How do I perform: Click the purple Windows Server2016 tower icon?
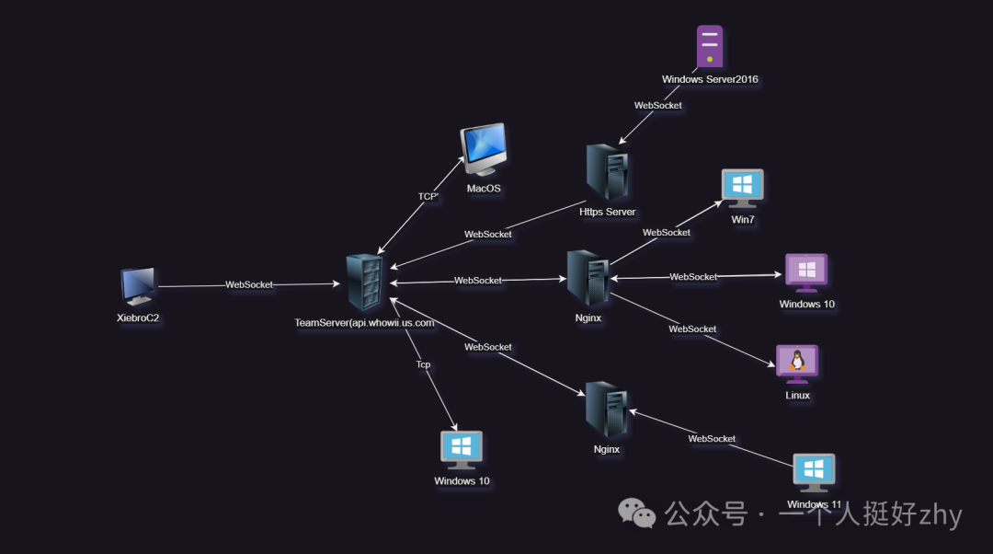709,46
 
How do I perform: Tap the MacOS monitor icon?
483,148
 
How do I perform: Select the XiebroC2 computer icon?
138,286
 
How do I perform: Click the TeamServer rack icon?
363,283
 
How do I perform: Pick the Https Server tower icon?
607,172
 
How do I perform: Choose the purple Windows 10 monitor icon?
806,272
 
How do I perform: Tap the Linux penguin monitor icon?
797,364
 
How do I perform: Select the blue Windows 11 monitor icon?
814,472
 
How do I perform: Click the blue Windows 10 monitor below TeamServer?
462,450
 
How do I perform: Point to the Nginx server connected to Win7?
588,278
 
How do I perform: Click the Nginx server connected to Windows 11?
607,410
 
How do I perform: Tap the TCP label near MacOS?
428,196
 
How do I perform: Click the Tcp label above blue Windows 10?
423,364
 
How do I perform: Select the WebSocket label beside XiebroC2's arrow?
249,284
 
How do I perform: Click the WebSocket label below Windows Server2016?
658,105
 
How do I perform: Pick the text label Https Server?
607,212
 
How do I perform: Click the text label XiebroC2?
139,317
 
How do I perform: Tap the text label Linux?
798,396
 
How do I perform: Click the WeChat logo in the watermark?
636,514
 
